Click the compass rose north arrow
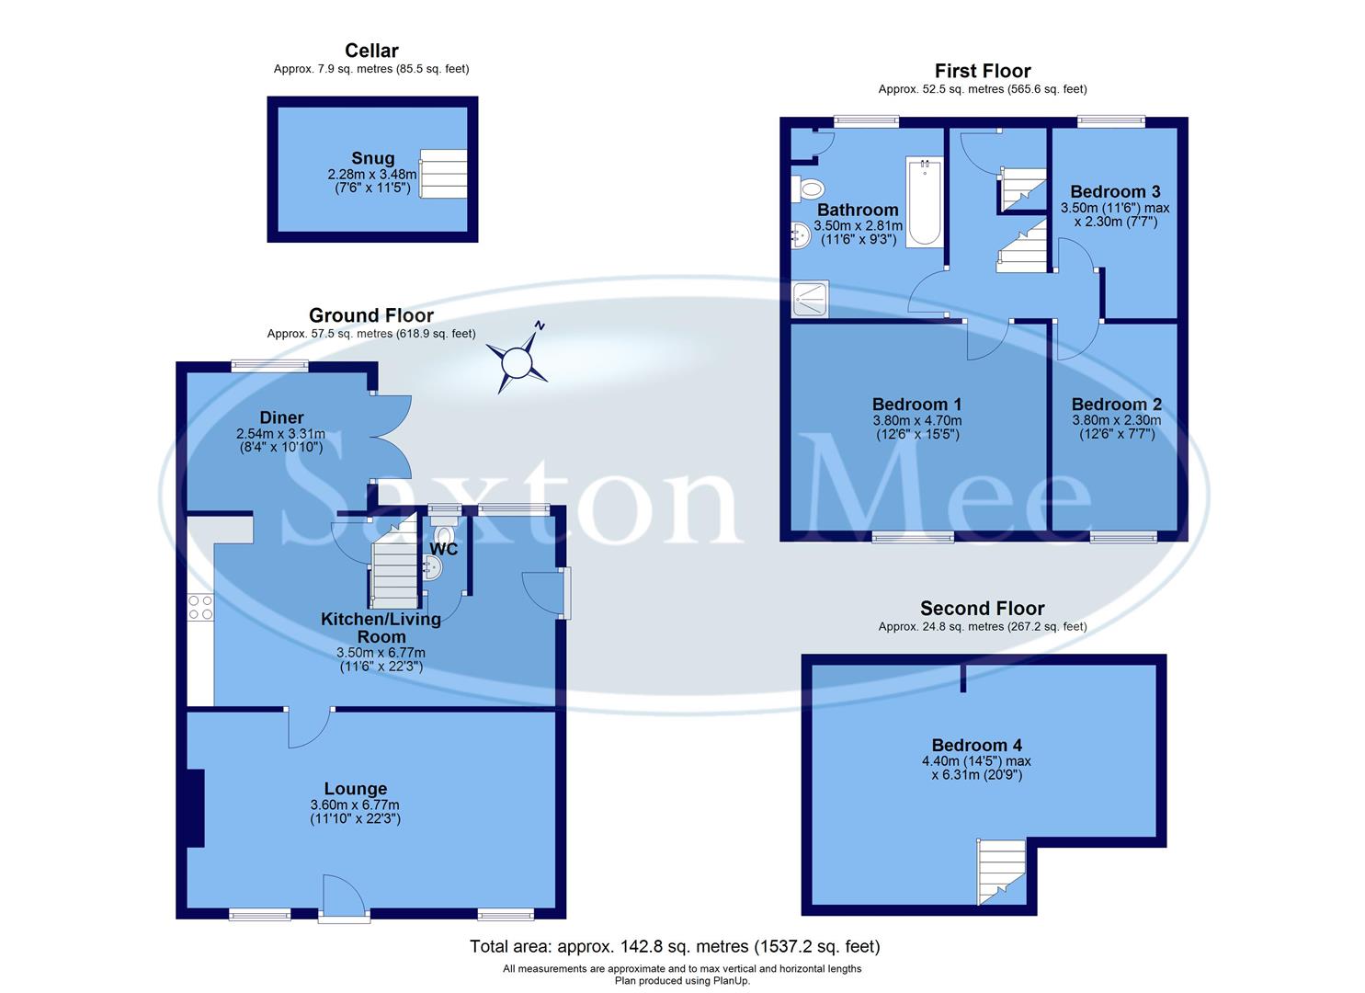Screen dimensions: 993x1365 pos(518,360)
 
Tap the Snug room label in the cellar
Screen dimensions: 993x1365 pos(372,158)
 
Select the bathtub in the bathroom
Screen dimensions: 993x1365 pos(924,202)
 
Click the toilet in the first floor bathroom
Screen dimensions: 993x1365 pos(809,188)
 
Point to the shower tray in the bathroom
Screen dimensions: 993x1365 pos(810,299)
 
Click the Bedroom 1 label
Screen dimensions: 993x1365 pos(916,405)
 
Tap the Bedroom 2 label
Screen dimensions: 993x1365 pos(1116,405)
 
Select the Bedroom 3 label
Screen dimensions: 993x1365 pos(1115,191)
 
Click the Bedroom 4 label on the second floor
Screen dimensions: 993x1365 pos(976,746)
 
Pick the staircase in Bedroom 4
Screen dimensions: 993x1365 pos(1000,870)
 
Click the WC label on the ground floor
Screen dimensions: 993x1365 pos(444,549)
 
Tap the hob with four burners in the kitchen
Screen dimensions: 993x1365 pos(199,608)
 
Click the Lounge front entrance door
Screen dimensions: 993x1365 pos(343,896)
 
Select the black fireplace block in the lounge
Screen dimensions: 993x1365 pos(194,807)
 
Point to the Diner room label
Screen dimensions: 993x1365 pos(281,418)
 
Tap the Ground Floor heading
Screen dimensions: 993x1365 pos(370,316)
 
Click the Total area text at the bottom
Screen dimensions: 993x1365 pos(675,946)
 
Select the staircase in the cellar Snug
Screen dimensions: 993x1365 pos(443,174)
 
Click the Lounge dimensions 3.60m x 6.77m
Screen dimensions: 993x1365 pos(355,806)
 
